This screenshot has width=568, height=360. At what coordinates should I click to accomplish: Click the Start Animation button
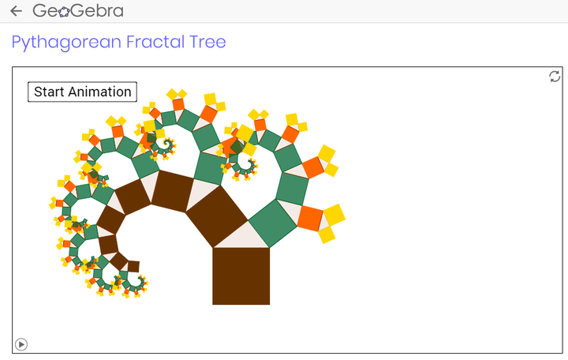click(x=82, y=92)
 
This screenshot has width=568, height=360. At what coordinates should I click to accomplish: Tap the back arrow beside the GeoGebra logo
click(x=16, y=11)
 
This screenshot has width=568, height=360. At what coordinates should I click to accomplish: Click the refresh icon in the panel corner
click(x=555, y=77)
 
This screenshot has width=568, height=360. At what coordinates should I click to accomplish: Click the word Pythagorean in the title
click(x=66, y=42)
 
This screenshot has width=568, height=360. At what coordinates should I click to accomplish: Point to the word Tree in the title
click(x=207, y=42)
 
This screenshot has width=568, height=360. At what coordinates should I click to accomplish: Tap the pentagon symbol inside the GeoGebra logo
click(x=64, y=12)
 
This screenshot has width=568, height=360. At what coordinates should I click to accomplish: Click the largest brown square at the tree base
click(x=241, y=276)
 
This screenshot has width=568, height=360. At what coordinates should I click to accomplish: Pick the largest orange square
click(x=310, y=218)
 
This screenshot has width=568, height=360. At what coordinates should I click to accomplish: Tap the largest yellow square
click(x=334, y=214)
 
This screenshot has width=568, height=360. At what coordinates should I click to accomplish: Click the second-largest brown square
click(x=217, y=216)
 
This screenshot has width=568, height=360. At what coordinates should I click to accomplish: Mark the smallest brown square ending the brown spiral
click(x=133, y=267)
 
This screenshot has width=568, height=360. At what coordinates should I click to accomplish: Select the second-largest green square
click(x=292, y=189)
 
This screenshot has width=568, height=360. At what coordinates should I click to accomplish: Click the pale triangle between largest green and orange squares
click(x=292, y=213)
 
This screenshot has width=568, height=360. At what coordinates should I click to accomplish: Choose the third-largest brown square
click(x=173, y=191)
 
